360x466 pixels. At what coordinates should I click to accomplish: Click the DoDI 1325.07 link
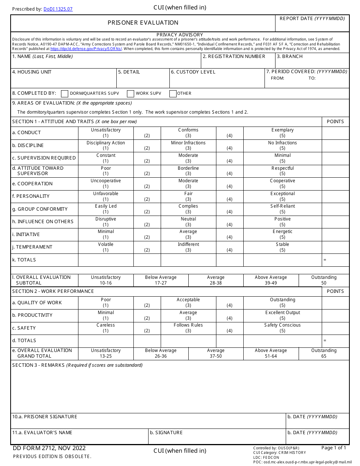coord(58,9)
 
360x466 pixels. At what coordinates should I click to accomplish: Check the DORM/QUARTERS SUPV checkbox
coord(65,94)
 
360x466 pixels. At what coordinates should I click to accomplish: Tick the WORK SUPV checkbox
coord(130,94)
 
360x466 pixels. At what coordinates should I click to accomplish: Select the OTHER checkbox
coord(173,94)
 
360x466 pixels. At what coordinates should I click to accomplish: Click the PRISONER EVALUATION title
coord(143,23)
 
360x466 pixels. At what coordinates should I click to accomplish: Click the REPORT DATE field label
coord(312,19)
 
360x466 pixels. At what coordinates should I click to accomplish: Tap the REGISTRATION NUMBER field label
coord(234,56)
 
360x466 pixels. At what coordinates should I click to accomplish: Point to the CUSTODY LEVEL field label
coord(193,72)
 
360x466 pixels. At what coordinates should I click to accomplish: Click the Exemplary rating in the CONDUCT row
coord(282,133)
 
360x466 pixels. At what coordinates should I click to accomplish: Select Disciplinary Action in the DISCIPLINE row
coord(106,145)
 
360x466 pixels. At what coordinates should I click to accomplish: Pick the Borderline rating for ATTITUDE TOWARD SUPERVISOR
coord(188,171)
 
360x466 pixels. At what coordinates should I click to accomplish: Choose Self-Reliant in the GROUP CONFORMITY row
coord(282,209)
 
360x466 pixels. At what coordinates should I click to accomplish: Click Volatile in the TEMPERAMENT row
coord(106,247)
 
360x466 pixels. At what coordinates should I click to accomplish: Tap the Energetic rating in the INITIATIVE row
coord(282,234)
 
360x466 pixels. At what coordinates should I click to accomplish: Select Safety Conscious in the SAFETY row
coord(282,328)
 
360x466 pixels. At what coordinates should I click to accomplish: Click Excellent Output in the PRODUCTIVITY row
coord(282,315)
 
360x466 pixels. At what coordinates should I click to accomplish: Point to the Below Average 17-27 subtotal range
coord(161,280)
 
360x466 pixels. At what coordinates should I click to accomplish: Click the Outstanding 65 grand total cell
coord(324,353)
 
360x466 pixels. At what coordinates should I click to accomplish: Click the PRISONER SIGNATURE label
coord(45,417)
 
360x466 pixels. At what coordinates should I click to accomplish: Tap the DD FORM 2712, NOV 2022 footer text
coord(49,448)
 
